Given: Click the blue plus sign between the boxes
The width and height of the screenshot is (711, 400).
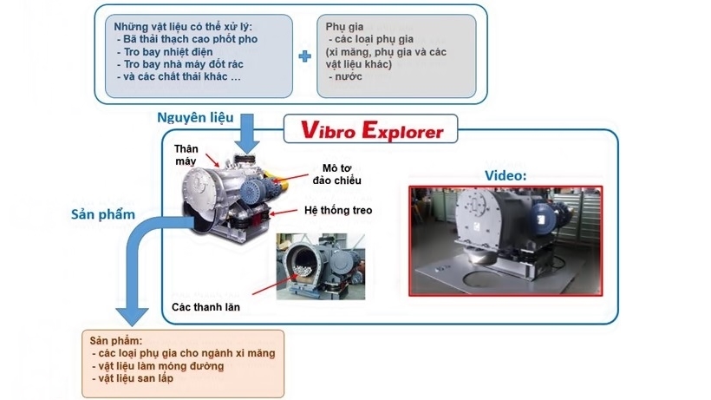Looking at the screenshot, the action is (304, 56).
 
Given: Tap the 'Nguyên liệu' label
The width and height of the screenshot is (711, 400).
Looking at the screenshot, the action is (195, 117).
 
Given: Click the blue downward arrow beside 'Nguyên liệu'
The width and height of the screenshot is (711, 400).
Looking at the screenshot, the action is (246, 134).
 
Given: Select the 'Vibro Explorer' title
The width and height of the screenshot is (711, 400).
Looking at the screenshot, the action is (371, 130).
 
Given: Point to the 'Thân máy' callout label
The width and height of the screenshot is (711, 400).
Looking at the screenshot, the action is (186, 154).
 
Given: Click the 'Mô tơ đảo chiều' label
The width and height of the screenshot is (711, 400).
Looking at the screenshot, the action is (337, 174).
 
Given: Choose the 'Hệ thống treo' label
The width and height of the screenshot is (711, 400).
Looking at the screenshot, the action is (338, 211).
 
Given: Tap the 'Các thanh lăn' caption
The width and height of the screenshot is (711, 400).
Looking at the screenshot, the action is (205, 307).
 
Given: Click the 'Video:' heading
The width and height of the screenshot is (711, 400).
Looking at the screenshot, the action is (506, 175).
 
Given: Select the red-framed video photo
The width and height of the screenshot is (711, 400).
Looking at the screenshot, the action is (506, 241).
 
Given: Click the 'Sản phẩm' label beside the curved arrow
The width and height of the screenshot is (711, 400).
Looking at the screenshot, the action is (103, 214).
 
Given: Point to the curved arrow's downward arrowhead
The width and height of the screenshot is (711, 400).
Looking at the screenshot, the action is (132, 317).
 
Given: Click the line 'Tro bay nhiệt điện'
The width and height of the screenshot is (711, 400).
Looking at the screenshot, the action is (168, 52).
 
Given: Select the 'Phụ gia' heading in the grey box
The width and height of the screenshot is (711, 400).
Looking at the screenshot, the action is (344, 27).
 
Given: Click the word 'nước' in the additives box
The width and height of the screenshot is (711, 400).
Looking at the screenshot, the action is (349, 76).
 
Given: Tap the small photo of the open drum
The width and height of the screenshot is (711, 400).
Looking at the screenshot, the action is (321, 266).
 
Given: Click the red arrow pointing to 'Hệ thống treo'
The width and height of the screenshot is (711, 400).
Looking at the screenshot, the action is (284, 213).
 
